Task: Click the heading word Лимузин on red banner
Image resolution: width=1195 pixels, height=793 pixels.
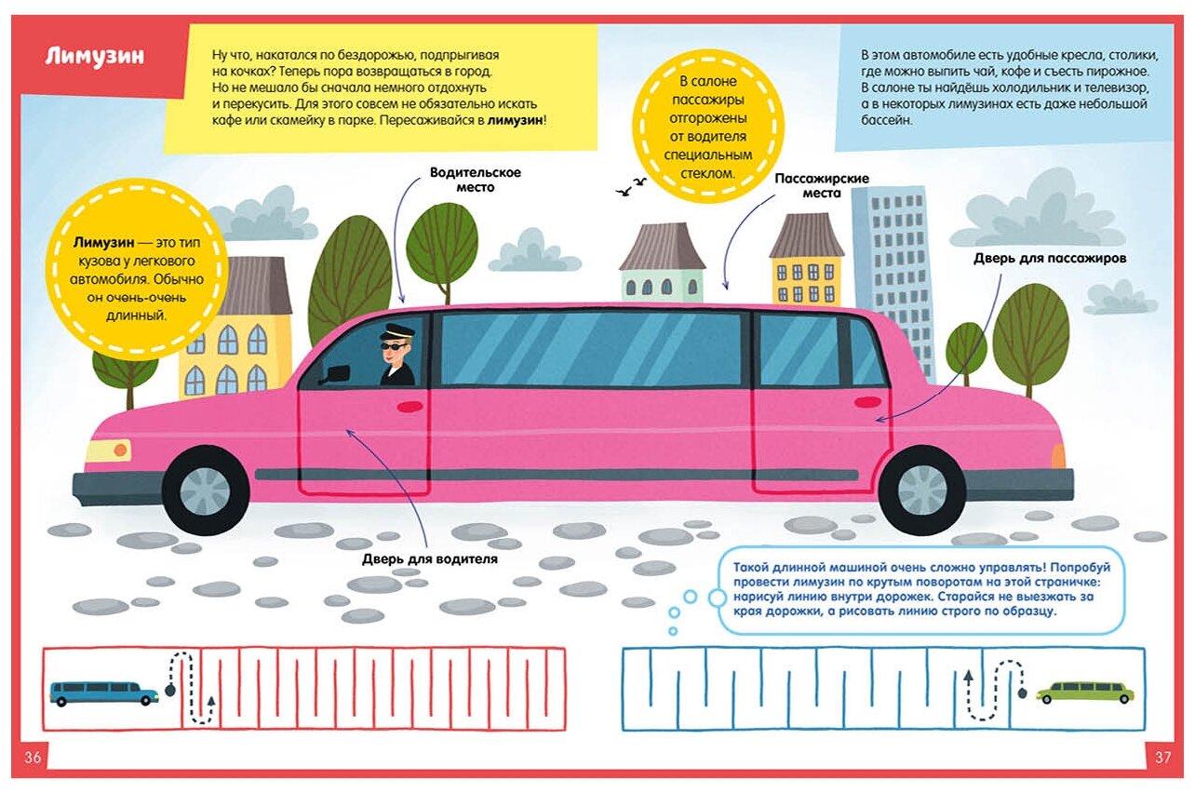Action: click(95, 56)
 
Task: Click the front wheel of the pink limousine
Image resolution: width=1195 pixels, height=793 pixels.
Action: click(206, 490)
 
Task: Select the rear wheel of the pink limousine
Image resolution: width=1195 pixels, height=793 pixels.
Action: click(921, 490)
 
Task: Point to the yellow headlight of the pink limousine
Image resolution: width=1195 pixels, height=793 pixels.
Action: click(108, 450)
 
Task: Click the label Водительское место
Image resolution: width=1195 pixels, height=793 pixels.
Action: click(475, 180)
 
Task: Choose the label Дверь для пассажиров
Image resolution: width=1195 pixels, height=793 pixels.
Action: click(1051, 257)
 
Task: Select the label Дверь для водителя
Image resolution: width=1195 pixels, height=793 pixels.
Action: click(430, 559)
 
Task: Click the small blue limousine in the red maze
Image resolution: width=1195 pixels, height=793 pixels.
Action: click(104, 692)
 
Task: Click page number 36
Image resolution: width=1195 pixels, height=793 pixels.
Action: click(33, 757)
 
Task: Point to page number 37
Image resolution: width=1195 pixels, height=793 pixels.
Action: click(1162, 757)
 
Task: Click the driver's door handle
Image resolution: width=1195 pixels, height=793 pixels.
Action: click(410, 406)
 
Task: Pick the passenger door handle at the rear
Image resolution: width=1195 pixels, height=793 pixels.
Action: click(867, 402)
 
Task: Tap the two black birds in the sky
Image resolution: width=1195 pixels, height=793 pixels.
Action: click(631, 186)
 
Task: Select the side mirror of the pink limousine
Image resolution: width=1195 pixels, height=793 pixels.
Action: click(335, 373)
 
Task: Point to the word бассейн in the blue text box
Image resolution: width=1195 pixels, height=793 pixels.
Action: click(887, 121)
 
